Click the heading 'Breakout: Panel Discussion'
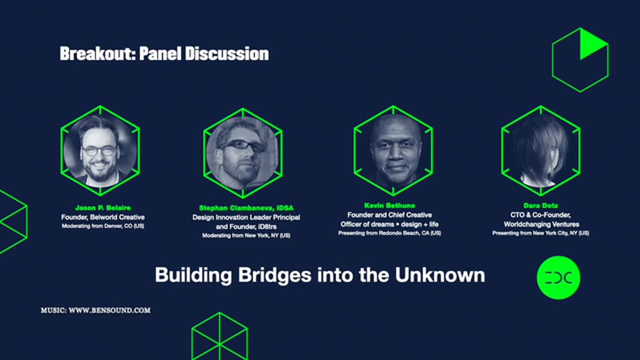coord(164,54)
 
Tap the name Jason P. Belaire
coord(103,208)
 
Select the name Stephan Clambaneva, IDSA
coord(246,208)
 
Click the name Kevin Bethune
coord(389,205)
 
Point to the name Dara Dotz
coord(540,205)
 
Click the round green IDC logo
coord(558,277)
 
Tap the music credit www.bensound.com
coord(96,310)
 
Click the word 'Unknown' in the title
coord(440,275)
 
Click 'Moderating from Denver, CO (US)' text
coord(103,226)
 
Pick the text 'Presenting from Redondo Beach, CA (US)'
coord(389,233)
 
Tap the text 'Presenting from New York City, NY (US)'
coord(540,233)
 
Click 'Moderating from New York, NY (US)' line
coord(246,235)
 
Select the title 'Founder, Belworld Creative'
coord(103,217)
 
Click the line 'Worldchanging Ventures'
coord(541,224)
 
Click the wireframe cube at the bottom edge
coord(219,337)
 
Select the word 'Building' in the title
coord(193,275)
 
